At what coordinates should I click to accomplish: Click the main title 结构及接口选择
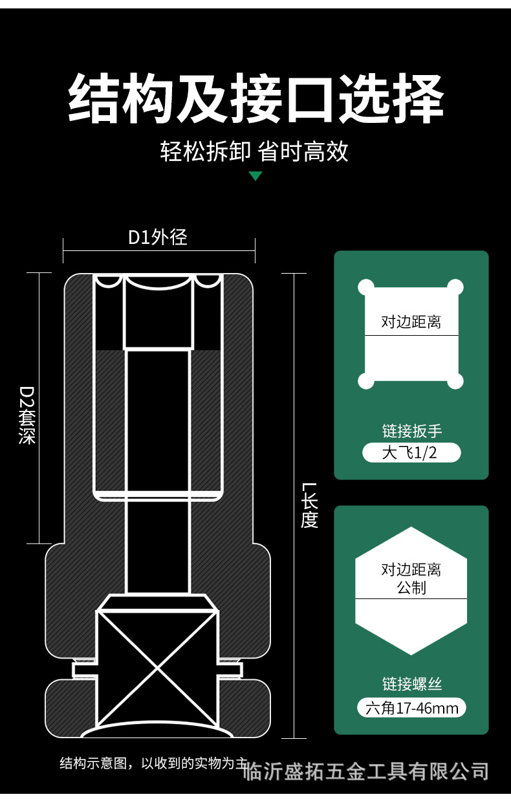pyautogui.click(x=255, y=99)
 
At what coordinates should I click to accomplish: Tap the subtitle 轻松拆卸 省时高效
pyautogui.click(x=254, y=151)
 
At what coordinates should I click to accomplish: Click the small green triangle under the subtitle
pyautogui.click(x=255, y=175)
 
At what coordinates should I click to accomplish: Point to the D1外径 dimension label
pyautogui.click(x=158, y=237)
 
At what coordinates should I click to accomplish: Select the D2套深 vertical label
pyautogui.click(x=27, y=415)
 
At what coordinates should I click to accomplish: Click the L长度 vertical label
pyautogui.click(x=310, y=505)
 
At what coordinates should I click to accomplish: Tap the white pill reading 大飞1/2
pyautogui.click(x=411, y=452)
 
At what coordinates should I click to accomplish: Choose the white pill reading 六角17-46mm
pyautogui.click(x=411, y=708)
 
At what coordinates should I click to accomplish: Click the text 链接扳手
pyautogui.click(x=411, y=430)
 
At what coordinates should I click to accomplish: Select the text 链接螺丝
pyautogui.click(x=411, y=684)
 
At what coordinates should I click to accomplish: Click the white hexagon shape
pyautogui.click(x=411, y=621)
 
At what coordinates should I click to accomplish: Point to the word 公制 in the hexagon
pyautogui.click(x=411, y=587)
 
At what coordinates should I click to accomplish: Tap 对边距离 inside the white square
pyautogui.click(x=411, y=322)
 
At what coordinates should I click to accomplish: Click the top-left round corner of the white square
pyautogui.click(x=366, y=286)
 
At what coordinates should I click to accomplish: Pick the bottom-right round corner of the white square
pyautogui.click(x=456, y=381)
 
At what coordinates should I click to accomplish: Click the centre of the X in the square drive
pyautogui.click(x=156, y=667)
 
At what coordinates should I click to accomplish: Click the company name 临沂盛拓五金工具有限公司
pyautogui.click(x=365, y=771)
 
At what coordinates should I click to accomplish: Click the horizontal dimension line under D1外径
pyautogui.click(x=159, y=250)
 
